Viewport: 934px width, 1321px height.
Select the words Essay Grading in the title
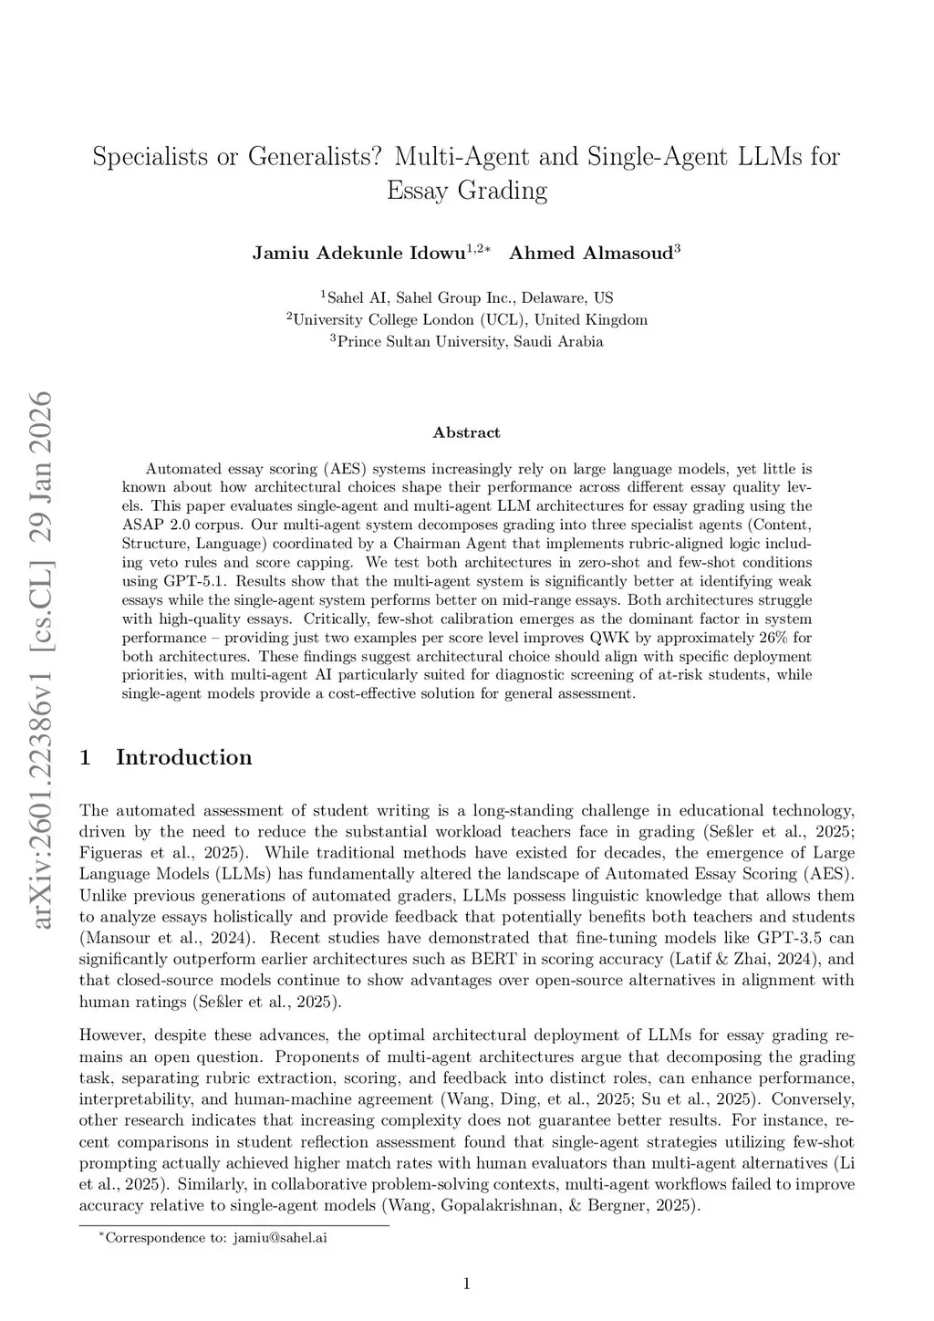tap(467, 191)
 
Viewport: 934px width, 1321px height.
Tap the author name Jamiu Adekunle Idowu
tap(358, 254)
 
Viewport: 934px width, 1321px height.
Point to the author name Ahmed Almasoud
tap(591, 254)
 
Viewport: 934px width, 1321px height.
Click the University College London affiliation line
tap(467, 319)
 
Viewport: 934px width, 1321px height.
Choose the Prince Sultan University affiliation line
tap(467, 342)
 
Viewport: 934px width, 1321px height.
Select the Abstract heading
tap(467, 432)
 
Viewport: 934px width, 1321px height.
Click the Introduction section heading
tap(183, 757)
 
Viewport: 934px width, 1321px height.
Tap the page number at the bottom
tap(467, 1285)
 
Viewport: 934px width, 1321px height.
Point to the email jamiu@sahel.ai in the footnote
tap(280, 1238)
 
